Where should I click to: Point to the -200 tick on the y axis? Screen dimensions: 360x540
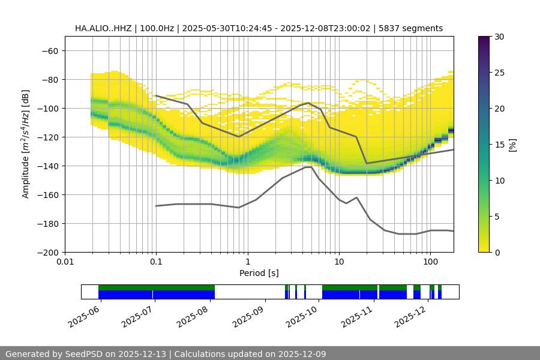click(x=48, y=252)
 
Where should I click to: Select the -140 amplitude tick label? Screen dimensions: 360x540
click(x=48, y=166)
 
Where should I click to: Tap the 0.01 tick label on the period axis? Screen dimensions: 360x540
click(x=65, y=262)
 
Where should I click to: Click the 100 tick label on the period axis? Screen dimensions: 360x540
click(x=430, y=262)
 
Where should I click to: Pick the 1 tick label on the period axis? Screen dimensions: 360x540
click(x=247, y=262)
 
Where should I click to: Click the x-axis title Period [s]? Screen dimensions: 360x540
click(x=259, y=273)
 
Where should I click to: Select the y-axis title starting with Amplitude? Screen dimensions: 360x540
click(x=26, y=145)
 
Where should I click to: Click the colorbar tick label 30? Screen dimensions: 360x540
click(x=499, y=37)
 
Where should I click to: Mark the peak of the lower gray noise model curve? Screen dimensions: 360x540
click(x=308, y=167)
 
